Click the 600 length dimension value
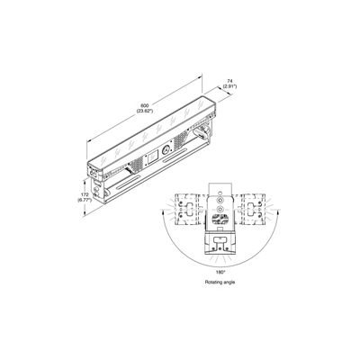(145, 105)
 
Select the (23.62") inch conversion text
(145, 111)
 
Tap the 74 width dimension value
(229, 81)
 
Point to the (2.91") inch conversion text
(229, 86)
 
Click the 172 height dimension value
(85, 194)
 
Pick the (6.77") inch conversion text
(85, 200)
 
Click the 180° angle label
(220, 272)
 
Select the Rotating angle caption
(220, 282)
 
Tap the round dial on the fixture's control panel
(166, 150)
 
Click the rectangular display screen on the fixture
(153, 157)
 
